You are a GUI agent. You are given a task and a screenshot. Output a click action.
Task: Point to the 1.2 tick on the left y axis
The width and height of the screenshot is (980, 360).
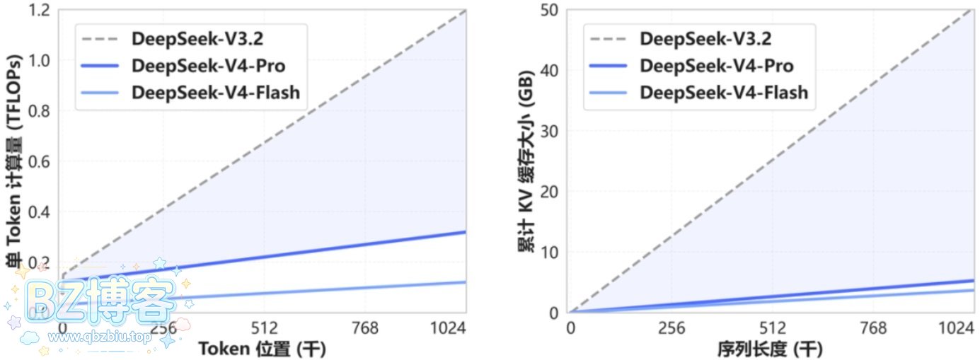[41, 10]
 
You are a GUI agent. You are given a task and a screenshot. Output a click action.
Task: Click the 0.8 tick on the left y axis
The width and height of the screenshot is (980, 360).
[41, 111]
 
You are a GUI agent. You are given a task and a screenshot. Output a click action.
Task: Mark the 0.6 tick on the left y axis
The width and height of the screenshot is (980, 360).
[41, 162]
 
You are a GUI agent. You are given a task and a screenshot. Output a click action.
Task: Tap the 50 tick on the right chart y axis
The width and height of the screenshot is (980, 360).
[549, 10]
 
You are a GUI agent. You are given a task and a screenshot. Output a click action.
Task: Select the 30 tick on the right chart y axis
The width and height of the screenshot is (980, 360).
[549, 132]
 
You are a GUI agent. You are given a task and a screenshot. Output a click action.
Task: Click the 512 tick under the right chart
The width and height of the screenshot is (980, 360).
[773, 329]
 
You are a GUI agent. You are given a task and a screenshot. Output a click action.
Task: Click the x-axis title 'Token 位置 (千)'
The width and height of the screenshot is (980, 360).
[263, 349]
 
